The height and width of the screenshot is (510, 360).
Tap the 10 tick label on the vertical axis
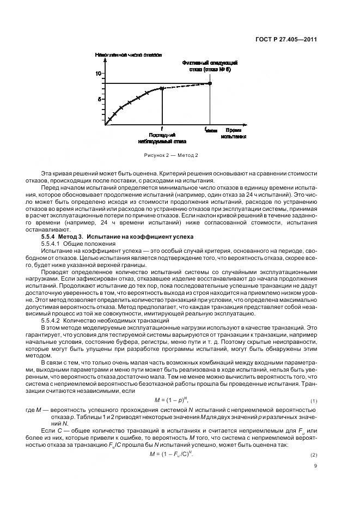[99, 73]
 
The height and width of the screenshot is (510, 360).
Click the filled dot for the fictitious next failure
[210, 83]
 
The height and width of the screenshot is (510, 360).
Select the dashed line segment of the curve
[185, 86]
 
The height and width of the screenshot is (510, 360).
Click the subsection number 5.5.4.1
[52, 245]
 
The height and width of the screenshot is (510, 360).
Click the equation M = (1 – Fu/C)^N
[174, 454]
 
